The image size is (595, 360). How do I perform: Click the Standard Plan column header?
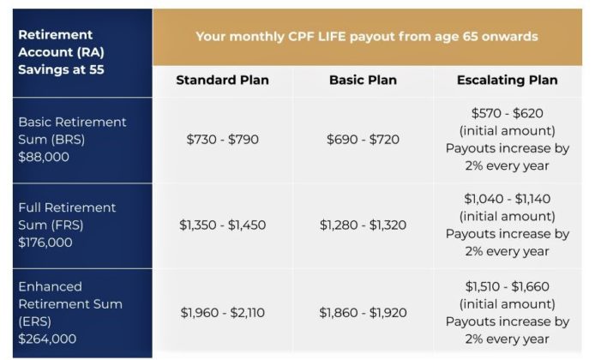222,81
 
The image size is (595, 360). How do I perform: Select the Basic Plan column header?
363,81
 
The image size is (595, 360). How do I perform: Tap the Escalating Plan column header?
508,81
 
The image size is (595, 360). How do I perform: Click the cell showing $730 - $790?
222,140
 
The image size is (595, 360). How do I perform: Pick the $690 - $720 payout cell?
363,140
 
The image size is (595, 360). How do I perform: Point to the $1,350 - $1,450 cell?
222,225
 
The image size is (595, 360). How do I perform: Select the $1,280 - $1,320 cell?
363,225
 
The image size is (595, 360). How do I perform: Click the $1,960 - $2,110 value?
222,313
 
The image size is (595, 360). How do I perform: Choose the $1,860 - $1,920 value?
363,313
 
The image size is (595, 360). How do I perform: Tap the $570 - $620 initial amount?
508,113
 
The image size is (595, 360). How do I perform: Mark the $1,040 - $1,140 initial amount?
508,199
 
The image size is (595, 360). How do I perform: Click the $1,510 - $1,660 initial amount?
508,286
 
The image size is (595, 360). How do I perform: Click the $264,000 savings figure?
48,339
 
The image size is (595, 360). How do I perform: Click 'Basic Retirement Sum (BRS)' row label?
72,130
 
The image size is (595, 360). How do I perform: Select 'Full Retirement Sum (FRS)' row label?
67,216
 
